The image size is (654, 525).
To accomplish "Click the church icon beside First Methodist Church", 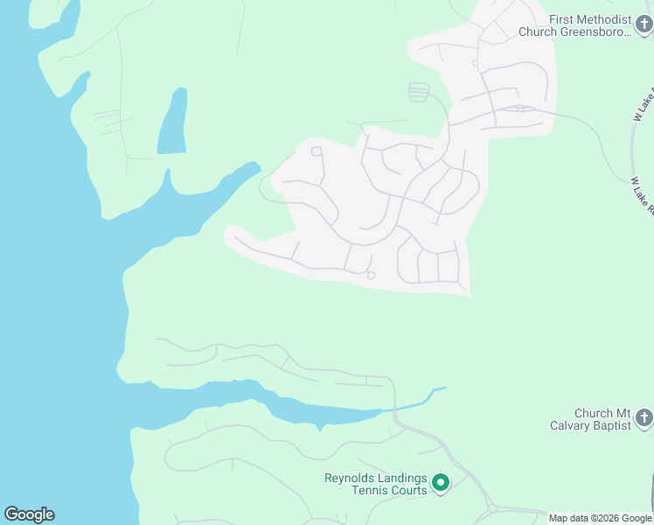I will (x=644, y=25).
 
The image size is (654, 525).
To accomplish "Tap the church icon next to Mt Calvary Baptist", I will (x=644, y=418).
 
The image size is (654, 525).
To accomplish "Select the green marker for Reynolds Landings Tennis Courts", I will (x=442, y=483).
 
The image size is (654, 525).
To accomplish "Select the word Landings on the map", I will (x=403, y=479).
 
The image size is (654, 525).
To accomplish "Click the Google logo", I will (x=29, y=514).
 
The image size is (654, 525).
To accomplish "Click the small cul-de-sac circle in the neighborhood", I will (x=371, y=276).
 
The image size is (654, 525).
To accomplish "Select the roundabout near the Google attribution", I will (x=492, y=508).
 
